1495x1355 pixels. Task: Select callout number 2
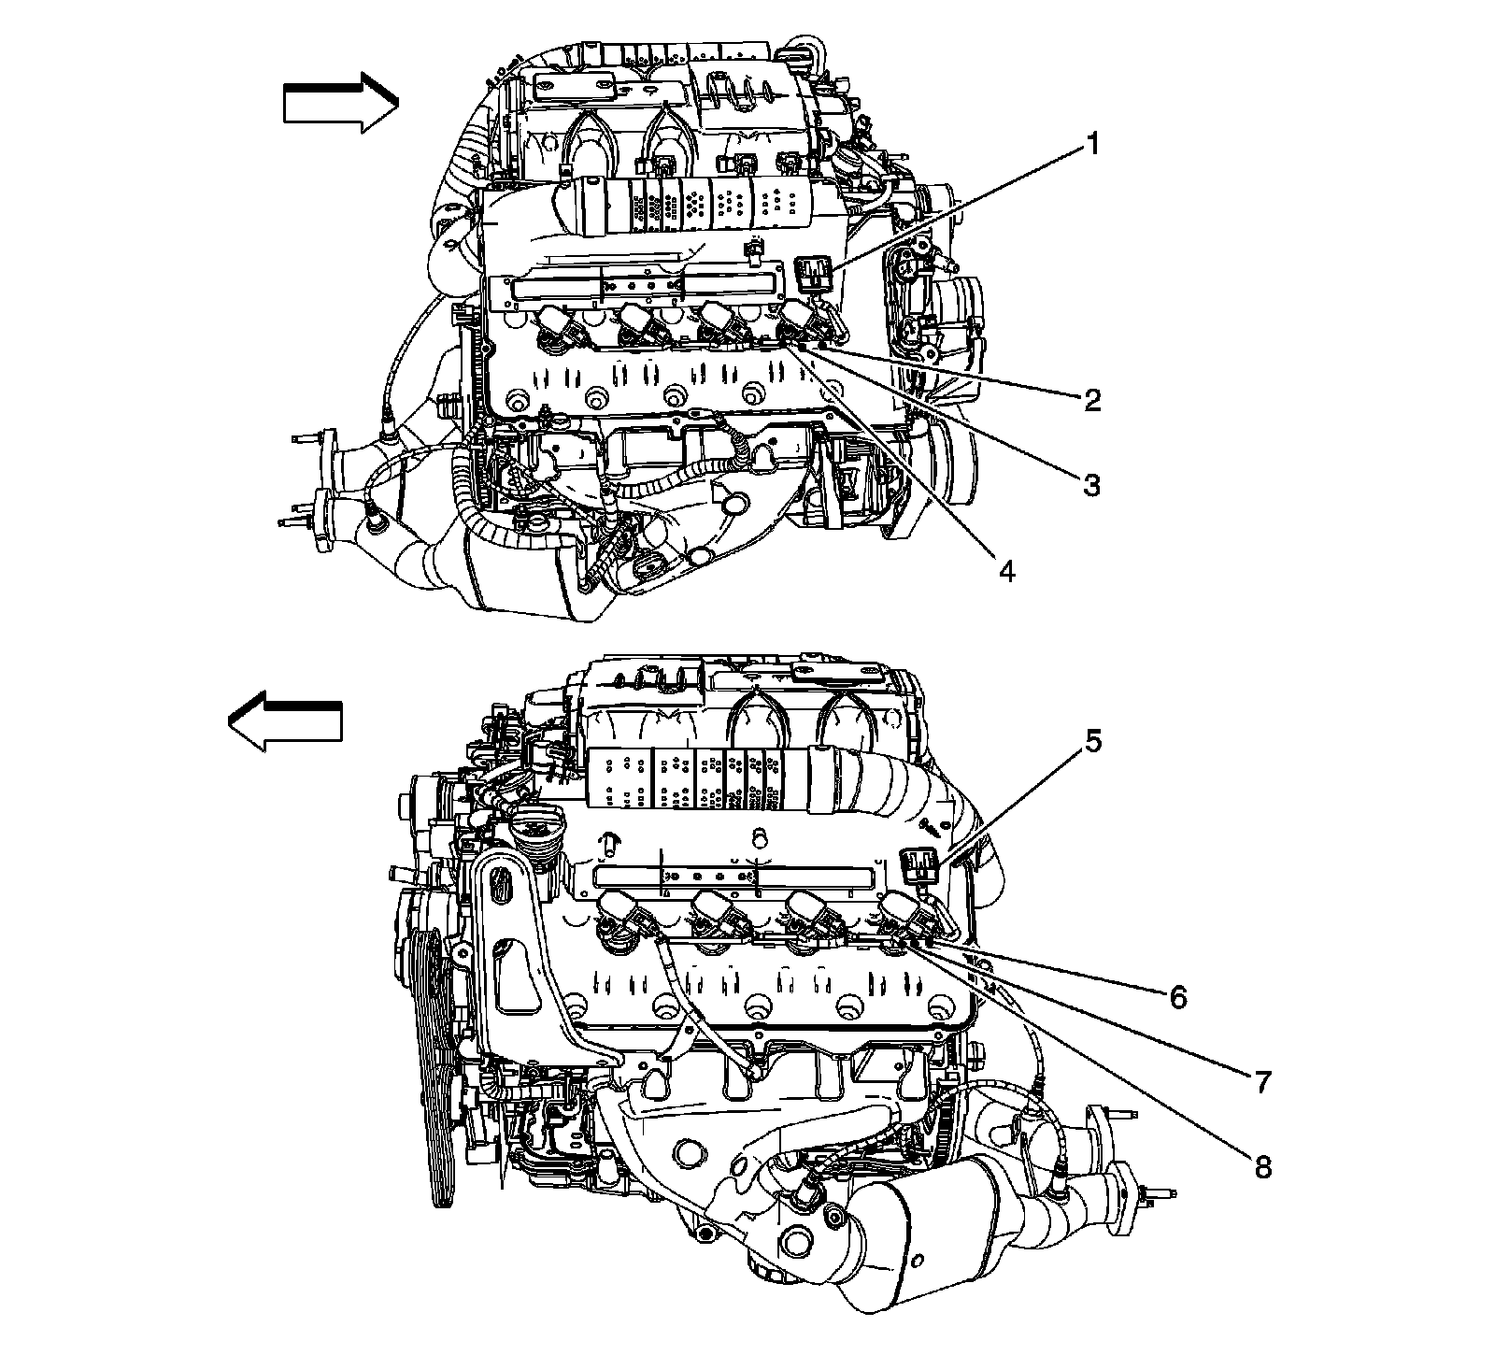1091,400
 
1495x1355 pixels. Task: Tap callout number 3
1090,484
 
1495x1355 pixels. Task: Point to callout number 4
1005,569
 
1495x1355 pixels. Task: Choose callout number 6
1177,997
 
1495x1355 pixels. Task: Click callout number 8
1262,1168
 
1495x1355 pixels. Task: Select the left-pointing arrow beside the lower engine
285,722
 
